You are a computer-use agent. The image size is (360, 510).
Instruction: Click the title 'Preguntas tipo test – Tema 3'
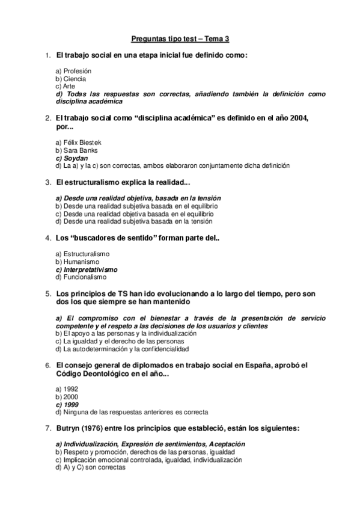point(180,40)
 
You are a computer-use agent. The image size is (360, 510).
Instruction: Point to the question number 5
point(48,294)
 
